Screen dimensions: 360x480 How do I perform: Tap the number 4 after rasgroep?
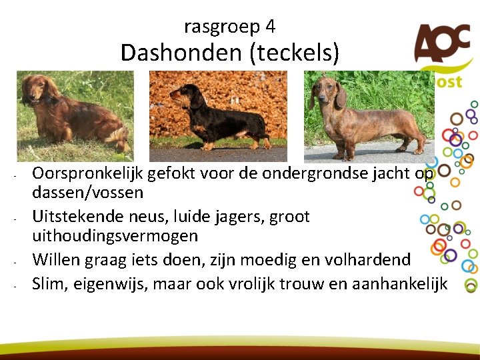tap(270, 27)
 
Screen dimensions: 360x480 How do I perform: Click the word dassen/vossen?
tap(87, 193)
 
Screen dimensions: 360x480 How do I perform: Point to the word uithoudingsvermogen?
tap(115, 236)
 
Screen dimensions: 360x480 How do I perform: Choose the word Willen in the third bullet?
tap(55, 259)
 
